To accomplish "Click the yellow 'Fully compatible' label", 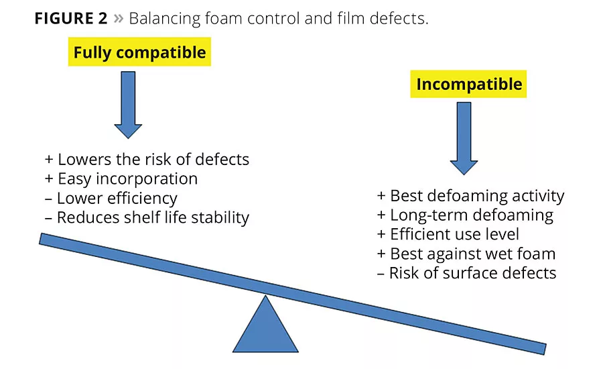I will [x=139, y=52].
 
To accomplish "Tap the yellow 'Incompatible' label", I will [x=468, y=84].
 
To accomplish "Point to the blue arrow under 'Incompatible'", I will [x=463, y=138].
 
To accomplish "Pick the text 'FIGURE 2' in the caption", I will [x=71, y=18].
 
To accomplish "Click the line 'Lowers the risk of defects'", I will [x=147, y=160].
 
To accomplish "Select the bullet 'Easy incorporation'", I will [x=121, y=179].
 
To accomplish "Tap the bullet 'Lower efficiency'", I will [x=111, y=199].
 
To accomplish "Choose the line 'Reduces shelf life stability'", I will [x=147, y=218].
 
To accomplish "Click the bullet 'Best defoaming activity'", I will [x=471, y=196].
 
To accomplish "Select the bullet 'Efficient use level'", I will [x=448, y=235].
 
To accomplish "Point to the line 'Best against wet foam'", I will [x=466, y=254].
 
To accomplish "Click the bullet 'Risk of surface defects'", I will [x=466, y=273].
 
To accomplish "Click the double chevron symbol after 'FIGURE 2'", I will [x=119, y=19].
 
